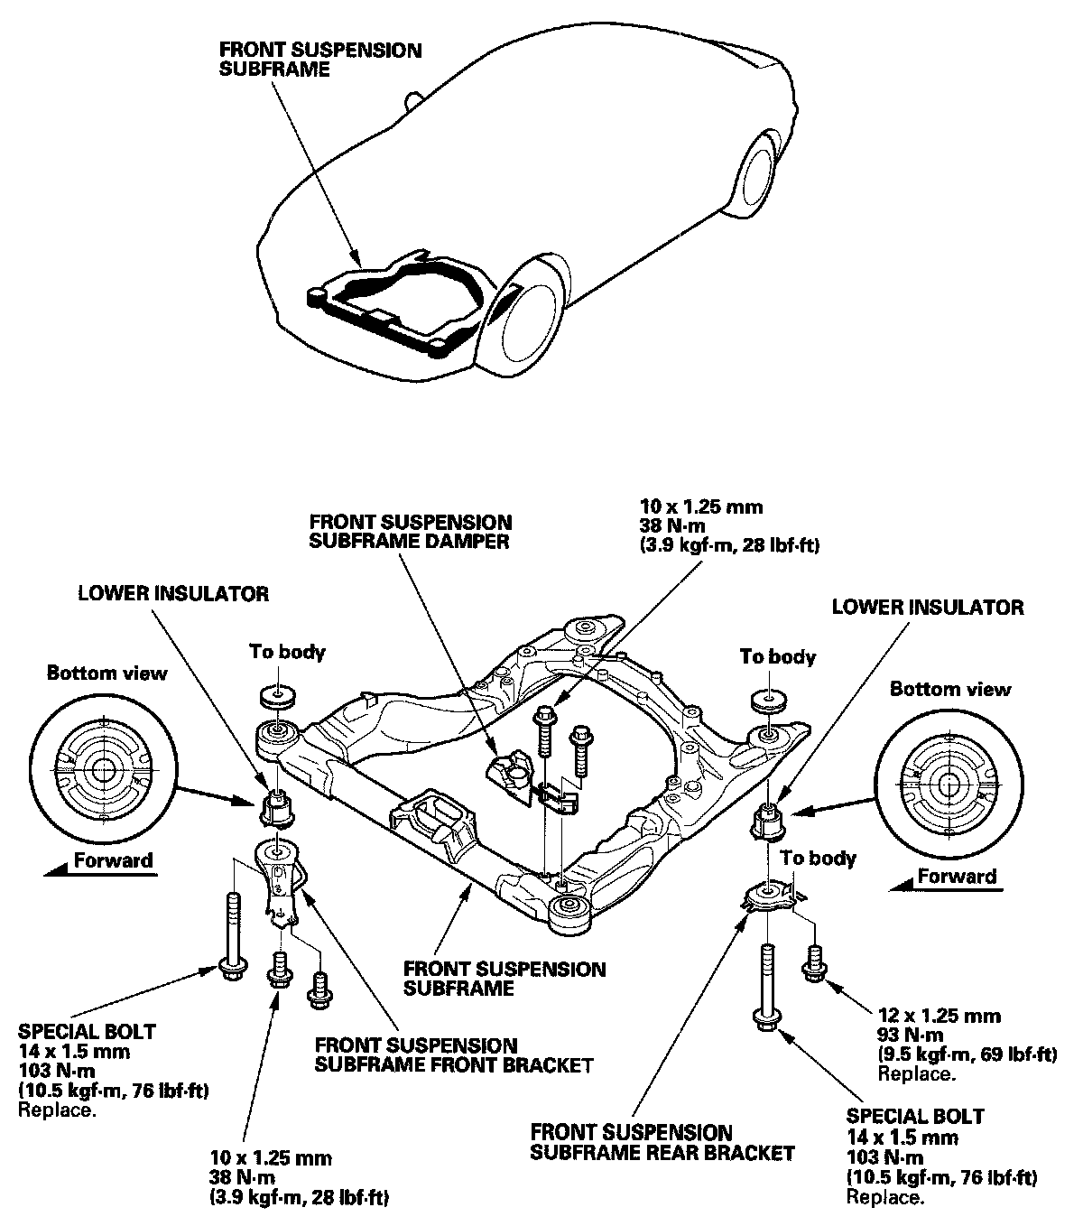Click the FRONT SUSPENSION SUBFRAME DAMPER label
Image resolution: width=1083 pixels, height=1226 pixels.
tap(411, 532)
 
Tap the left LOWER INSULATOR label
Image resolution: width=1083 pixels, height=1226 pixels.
tap(173, 594)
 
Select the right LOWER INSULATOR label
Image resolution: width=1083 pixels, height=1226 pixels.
tap(928, 607)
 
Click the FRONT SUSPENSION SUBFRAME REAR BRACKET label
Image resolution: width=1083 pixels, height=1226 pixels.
tap(662, 1143)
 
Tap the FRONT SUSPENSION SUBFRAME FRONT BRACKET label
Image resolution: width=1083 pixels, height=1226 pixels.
tap(454, 1055)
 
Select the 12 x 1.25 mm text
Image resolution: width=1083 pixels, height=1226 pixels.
tap(939, 1016)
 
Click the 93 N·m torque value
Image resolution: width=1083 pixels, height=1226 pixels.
tap(910, 1035)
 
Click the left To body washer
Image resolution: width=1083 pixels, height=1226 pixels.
tap(278, 697)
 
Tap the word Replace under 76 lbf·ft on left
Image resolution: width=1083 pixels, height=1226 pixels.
tap(58, 1110)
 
